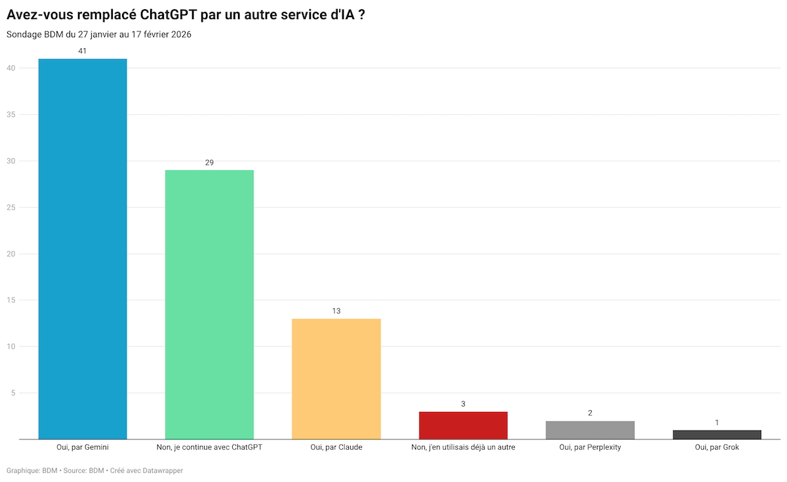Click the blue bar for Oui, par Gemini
pyautogui.click(x=83, y=249)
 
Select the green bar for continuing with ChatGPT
pyautogui.click(x=209, y=304)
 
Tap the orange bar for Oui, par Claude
pyautogui.click(x=336, y=378)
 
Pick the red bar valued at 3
pyautogui.click(x=463, y=425)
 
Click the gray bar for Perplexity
pyautogui.click(x=590, y=430)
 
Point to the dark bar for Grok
pyautogui.click(x=717, y=434)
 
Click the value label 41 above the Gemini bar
pyautogui.click(x=83, y=50)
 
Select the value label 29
pyautogui.click(x=209, y=162)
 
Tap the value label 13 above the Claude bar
pyautogui.click(x=336, y=311)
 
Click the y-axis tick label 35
pyautogui.click(x=11, y=115)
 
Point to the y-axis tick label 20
pyautogui.click(x=11, y=254)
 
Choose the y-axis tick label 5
pyautogui.click(x=13, y=393)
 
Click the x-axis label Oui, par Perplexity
pyautogui.click(x=590, y=447)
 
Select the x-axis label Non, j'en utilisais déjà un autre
pyautogui.click(x=463, y=447)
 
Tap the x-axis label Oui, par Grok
pyautogui.click(x=717, y=447)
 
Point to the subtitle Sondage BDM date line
pyautogui.click(x=99, y=34)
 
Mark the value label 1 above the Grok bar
pyautogui.click(x=717, y=422)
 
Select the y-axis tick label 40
pyautogui.click(x=11, y=68)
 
